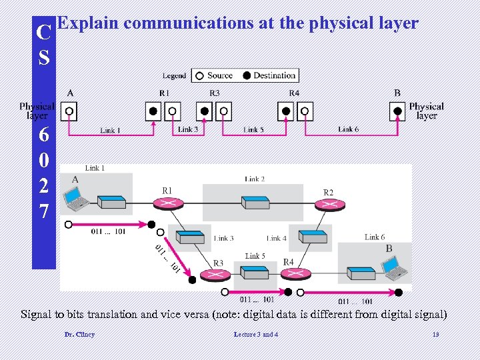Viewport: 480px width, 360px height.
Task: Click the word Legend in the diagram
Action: click(175, 76)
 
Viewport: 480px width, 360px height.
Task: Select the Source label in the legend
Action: click(219, 75)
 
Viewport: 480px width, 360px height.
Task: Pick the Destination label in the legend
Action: click(274, 75)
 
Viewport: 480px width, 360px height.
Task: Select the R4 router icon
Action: click(288, 274)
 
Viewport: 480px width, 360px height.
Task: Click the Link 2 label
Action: click(255, 179)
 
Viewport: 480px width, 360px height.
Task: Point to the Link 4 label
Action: click(277, 238)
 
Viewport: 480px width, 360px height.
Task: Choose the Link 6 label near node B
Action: click(375, 237)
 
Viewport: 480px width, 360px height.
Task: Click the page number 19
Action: click(435, 334)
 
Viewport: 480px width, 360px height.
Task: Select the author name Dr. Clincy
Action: click(79, 334)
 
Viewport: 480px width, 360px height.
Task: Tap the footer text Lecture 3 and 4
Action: click(257, 334)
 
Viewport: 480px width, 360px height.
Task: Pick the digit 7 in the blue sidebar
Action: click(44, 212)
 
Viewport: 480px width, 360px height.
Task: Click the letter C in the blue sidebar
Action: click(44, 32)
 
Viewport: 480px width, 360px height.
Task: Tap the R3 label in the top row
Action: click(214, 93)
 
